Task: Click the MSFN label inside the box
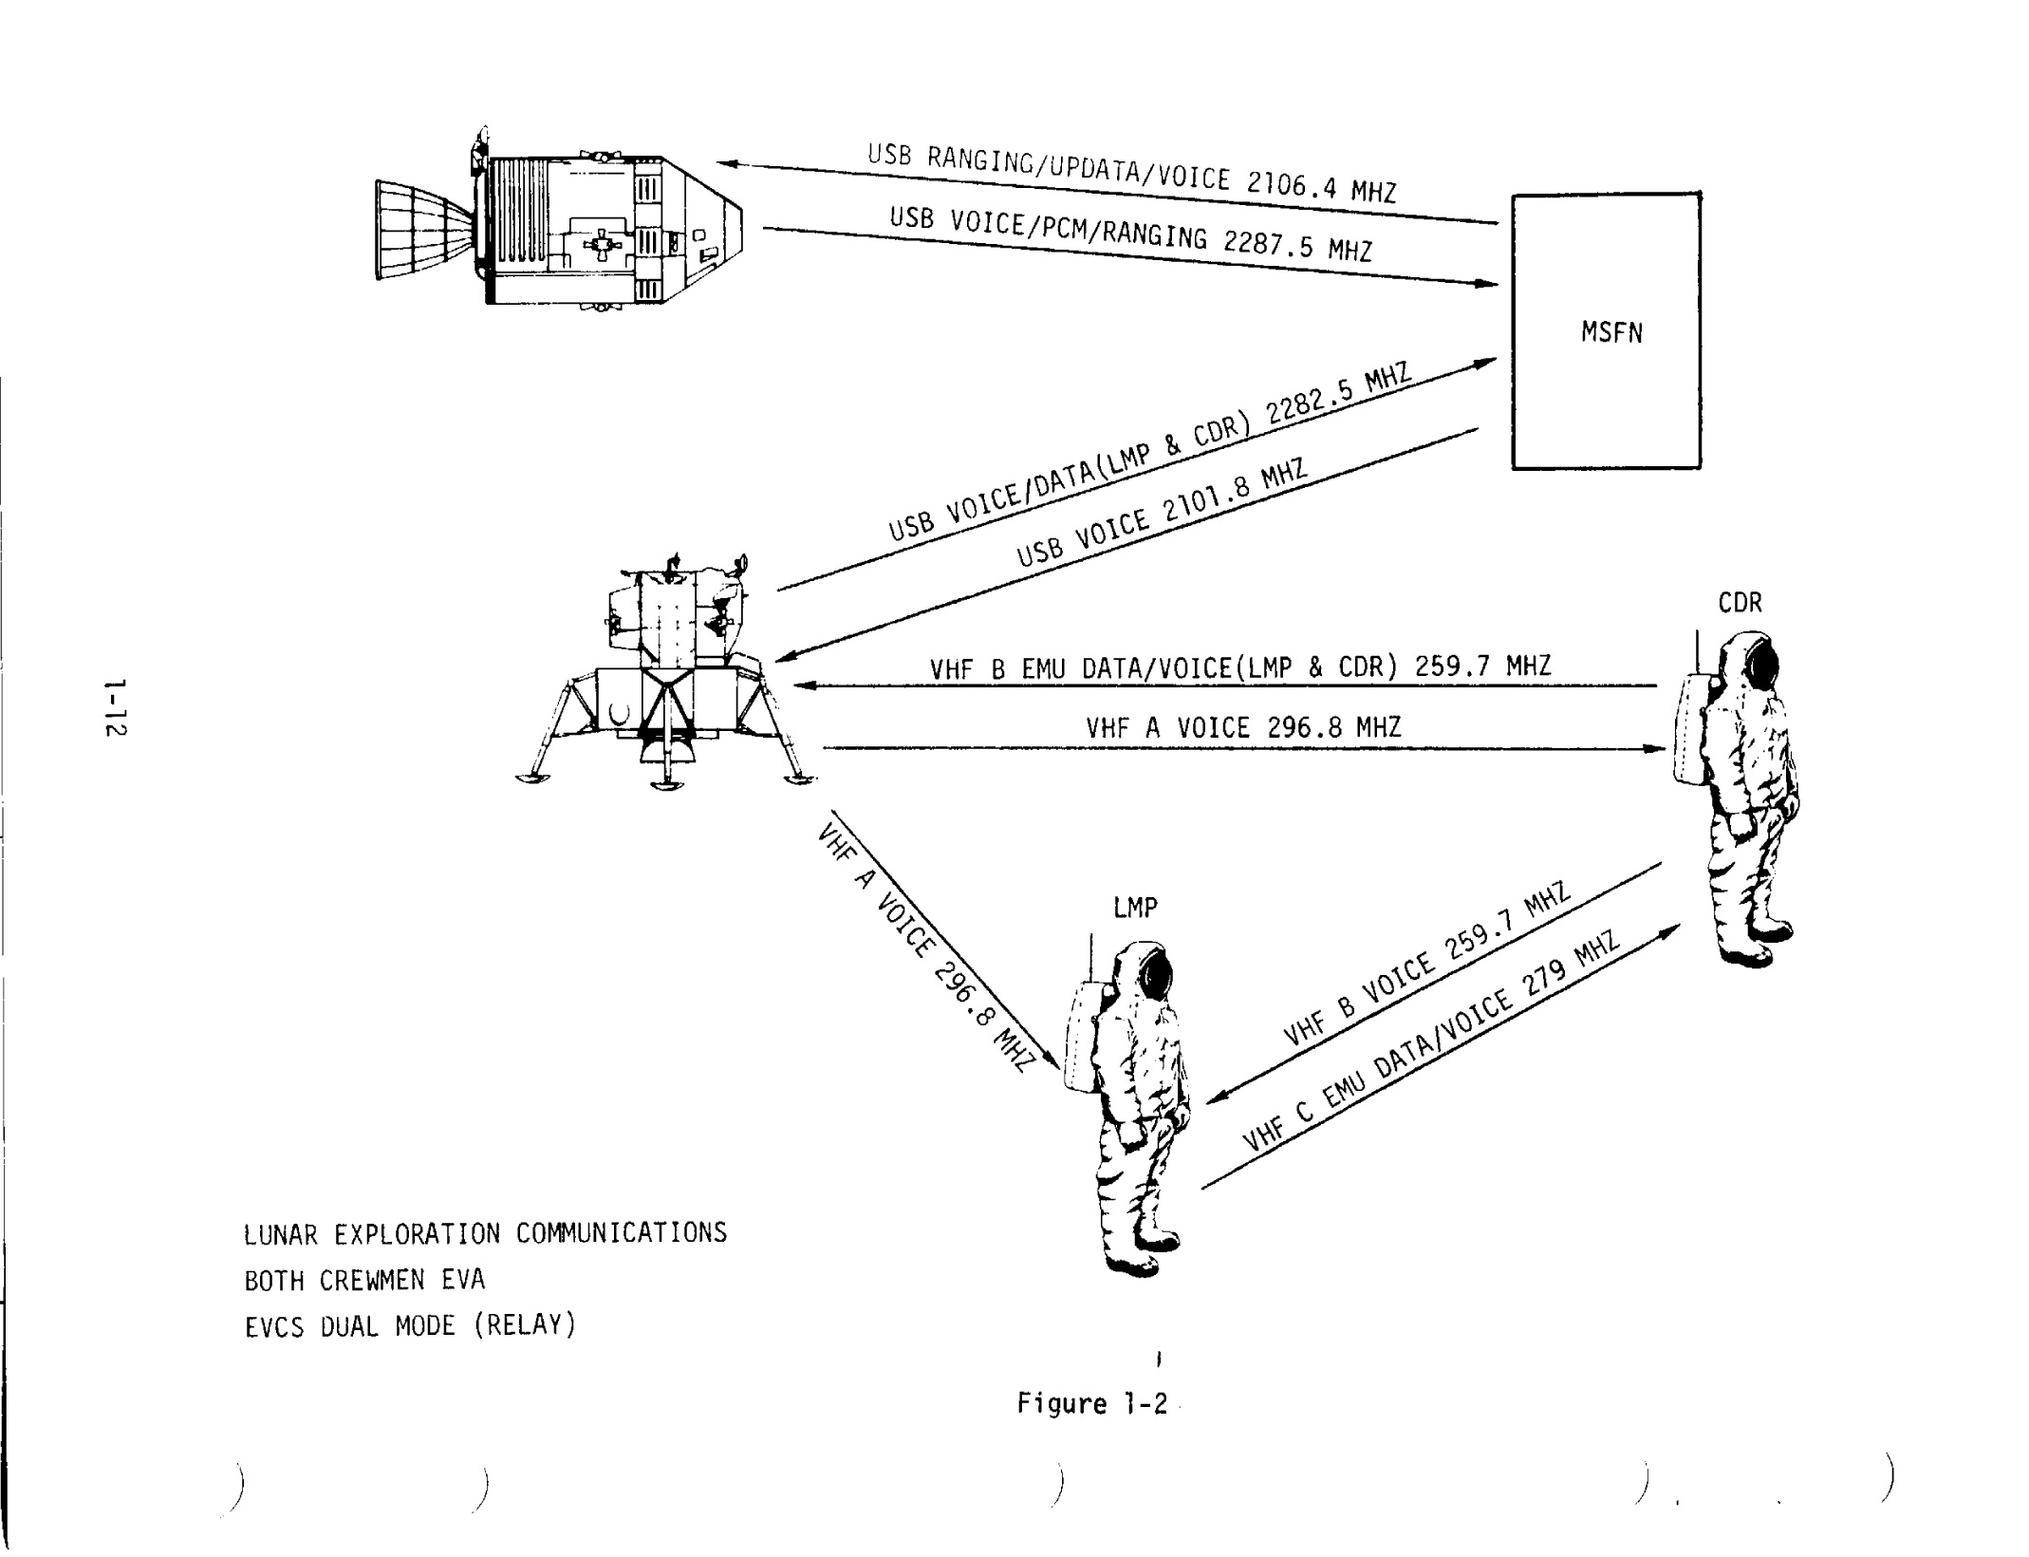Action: [1610, 333]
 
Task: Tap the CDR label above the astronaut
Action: [1740, 604]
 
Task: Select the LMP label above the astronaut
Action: [1135, 909]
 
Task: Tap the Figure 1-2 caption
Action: [1091, 1403]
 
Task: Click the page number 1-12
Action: [116, 707]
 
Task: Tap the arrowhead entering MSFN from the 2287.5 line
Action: [1488, 283]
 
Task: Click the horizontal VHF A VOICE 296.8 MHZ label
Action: [1242, 728]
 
